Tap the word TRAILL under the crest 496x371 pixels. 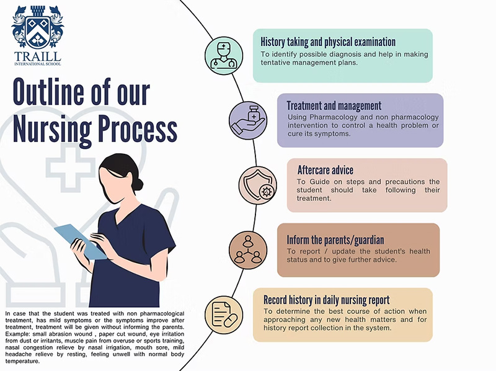tap(37, 56)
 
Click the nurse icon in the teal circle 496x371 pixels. tap(224, 56)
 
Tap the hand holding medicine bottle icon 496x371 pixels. tap(248, 120)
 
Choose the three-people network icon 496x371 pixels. tap(248, 251)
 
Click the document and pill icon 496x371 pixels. tap(224, 315)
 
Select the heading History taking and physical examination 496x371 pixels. tap(328, 42)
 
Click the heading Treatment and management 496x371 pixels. tap(334, 105)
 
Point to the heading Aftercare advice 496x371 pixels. tap(325, 171)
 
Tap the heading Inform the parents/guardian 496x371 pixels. tap(335, 240)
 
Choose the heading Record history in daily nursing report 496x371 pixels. tap(327, 300)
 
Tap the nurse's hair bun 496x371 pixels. tap(138, 184)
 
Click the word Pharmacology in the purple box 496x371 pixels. tap(334, 117)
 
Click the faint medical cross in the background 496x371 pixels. tap(70, 168)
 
